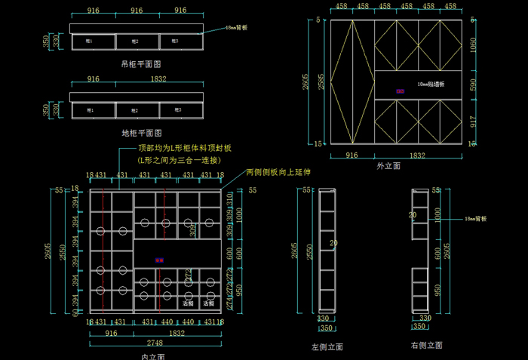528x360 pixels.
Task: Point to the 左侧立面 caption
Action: pos(327,347)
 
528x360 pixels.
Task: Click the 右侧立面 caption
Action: pos(426,345)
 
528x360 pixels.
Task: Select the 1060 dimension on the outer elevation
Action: pos(472,45)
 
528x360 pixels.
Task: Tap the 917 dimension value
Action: pos(472,121)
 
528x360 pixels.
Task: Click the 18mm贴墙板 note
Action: pos(431,85)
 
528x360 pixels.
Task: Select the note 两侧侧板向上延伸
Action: pos(278,172)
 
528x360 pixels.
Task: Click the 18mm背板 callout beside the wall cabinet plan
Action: pos(238,27)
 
